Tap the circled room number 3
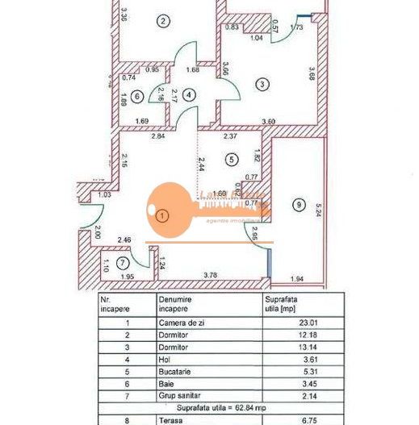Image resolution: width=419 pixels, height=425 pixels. point(262,83)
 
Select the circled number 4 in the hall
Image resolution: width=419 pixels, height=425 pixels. point(189,94)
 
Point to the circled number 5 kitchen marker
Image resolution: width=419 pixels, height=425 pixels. point(231,160)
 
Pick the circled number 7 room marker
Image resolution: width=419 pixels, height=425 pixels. point(123,264)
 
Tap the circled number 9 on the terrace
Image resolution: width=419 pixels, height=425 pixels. point(300,206)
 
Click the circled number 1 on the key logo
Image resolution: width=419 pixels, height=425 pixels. point(163,215)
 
